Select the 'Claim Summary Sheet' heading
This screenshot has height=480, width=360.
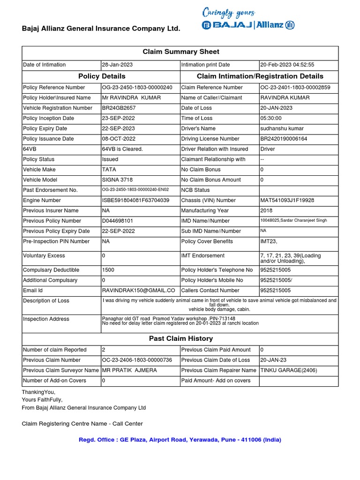tap(180, 52)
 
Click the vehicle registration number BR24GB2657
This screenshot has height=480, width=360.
tap(120, 108)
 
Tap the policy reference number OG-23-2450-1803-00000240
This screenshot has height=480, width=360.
tap(137, 87)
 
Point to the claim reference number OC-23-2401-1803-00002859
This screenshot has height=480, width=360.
tap(295, 87)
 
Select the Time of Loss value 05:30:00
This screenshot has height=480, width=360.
tap(272, 118)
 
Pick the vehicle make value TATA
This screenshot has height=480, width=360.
tap(109, 170)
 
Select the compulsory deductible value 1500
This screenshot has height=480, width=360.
tap(108, 270)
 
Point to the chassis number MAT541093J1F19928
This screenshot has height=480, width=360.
tap(287, 200)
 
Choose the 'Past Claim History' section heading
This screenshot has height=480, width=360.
tap(180, 338)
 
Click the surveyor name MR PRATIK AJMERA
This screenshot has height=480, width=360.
tap(129, 370)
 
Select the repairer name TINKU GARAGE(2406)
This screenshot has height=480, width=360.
tap(288, 370)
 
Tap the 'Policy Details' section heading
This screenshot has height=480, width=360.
tap(102, 76)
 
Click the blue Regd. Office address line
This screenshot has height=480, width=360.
tap(180, 440)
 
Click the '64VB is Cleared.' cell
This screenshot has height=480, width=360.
tap(122, 149)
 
